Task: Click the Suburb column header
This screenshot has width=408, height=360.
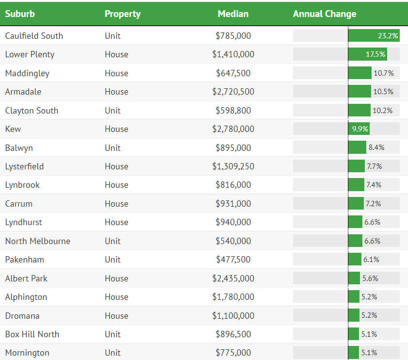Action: (x=20, y=14)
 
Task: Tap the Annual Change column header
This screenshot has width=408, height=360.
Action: (x=325, y=14)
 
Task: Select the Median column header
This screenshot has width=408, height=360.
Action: (x=233, y=14)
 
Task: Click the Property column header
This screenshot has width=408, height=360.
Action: (x=122, y=14)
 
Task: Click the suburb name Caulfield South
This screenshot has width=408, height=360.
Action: (x=34, y=36)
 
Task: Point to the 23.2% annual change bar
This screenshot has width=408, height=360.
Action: (x=374, y=36)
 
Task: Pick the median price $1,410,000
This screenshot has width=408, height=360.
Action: (x=233, y=54)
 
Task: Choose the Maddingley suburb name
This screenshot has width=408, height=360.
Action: (x=27, y=73)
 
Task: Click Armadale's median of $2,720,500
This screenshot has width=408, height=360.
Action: (x=233, y=92)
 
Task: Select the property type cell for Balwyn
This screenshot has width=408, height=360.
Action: (x=113, y=148)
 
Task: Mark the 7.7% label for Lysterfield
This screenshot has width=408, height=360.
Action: (x=374, y=166)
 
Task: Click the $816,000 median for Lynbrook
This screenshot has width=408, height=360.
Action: (x=233, y=185)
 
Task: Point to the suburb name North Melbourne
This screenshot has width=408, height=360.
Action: (x=37, y=241)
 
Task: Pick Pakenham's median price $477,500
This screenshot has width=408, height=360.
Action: (x=233, y=260)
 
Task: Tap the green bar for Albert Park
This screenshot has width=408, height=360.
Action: (x=354, y=278)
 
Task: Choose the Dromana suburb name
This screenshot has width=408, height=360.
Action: (x=22, y=316)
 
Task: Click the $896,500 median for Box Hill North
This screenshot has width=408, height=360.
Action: (x=233, y=334)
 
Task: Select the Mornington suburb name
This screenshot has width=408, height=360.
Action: (x=27, y=353)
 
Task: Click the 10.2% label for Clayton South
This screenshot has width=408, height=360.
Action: (x=382, y=111)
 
